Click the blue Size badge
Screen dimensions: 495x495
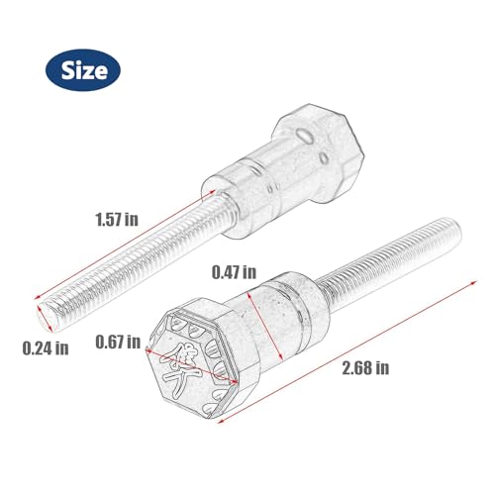[83, 70]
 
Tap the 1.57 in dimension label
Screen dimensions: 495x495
[117, 220]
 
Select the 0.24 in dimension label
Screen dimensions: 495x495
[46, 348]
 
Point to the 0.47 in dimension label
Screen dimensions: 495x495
[234, 272]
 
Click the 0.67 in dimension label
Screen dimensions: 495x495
[118, 342]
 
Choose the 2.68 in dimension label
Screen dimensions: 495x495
[365, 367]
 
